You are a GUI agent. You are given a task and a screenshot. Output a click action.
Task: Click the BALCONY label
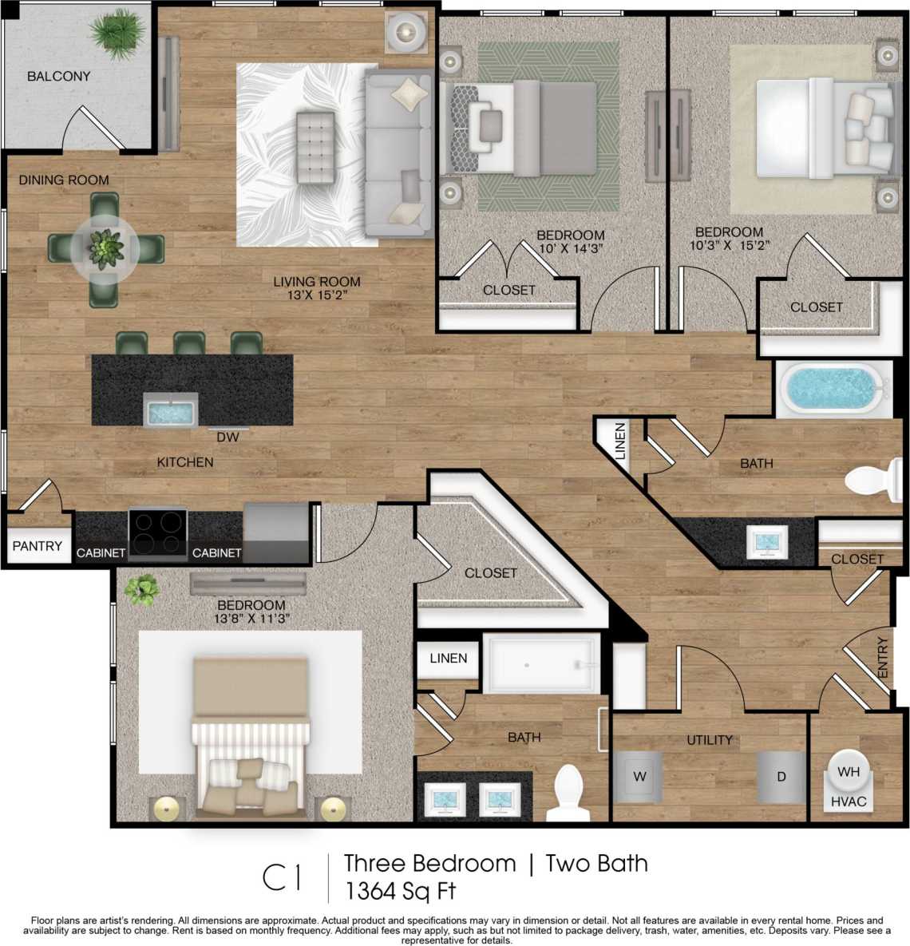[x=58, y=77]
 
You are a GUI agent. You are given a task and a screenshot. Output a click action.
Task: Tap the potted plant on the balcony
[x=117, y=34]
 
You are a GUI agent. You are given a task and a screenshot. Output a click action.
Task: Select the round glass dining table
[x=105, y=249]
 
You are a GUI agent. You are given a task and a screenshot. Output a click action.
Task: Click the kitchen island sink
[x=171, y=411]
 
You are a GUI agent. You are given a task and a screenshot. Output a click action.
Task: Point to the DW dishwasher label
[x=227, y=437]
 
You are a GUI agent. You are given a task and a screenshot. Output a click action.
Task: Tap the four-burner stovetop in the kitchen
[x=158, y=532]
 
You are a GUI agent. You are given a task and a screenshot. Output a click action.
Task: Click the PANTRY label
[x=37, y=546]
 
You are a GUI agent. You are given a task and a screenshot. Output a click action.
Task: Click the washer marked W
[x=639, y=777]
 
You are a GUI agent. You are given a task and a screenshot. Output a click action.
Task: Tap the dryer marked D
[x=782, y=777]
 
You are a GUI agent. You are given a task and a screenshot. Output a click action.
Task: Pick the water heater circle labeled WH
[x=848, y=771]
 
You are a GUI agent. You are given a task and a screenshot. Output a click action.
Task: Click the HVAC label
[x=848, y=801]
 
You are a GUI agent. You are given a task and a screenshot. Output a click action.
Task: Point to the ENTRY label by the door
[x=882, y=657]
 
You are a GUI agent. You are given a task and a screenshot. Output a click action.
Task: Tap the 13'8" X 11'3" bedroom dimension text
[x=250, y=618]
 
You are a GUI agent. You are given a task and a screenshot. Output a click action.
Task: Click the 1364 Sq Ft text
[x=400, y=890]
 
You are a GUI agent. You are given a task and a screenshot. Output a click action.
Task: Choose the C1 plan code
[x=283, y=877]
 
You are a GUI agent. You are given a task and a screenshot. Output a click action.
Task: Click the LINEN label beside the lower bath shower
[x=448, y=659]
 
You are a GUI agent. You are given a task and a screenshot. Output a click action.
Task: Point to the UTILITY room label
[x=709, y=740]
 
